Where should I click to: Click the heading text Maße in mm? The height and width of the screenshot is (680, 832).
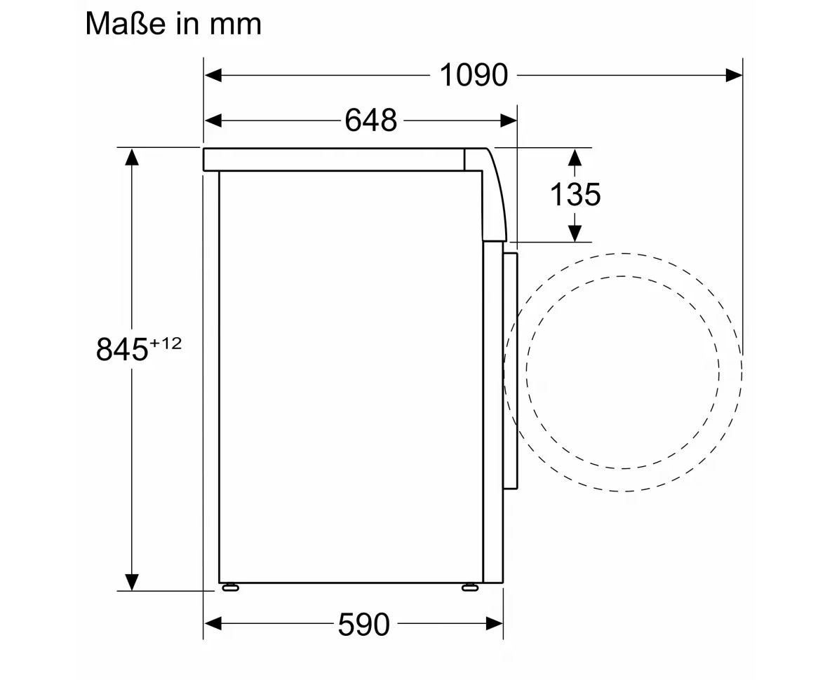click(x=173, y=24)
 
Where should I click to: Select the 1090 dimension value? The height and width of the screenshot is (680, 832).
click(x=474, y=75)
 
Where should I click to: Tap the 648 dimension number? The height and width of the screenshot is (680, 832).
click(x=371, y=121)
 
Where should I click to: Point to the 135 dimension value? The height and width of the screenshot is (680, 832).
click(x=575, y=194)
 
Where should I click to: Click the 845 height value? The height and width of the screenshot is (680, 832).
click(x=122, y=350)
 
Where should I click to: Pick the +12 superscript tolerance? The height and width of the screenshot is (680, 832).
click(x=166, y=344)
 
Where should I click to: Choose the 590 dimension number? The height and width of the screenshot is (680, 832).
click(x=364, y=625)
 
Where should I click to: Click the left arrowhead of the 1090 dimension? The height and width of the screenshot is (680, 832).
click(x=213, y=75)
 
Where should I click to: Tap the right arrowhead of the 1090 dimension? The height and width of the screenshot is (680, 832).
click(x=734, y=75)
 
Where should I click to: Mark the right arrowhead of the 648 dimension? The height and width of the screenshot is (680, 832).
click(x=509, y=121)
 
